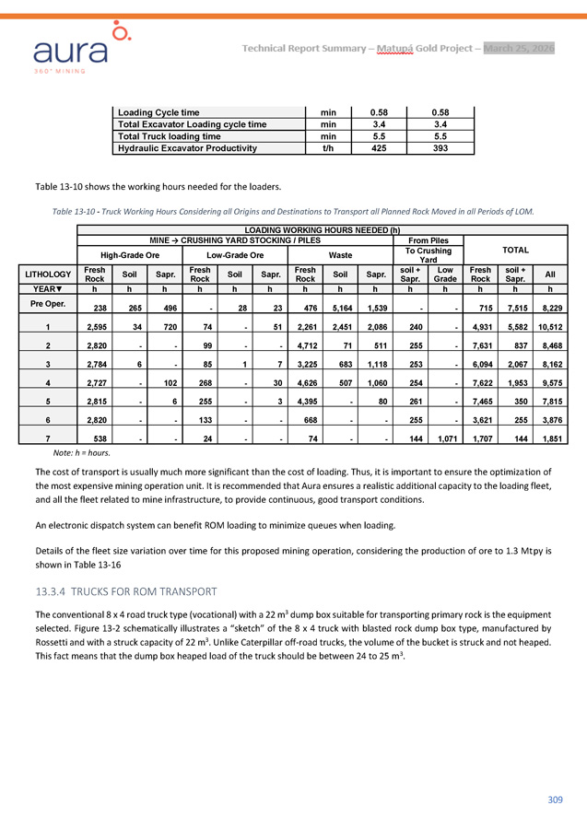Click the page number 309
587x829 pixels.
coord(554,799)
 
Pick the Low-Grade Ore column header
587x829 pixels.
coord(234,254)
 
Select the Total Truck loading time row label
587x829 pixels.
coord(165,135)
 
